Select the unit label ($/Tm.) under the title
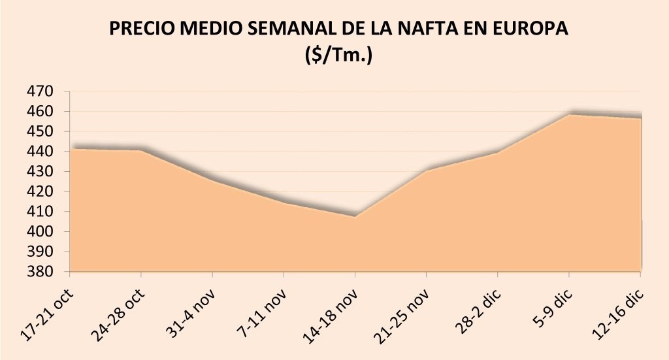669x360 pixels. pyautogui.click(x=338, y=56)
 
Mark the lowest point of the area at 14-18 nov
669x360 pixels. pyautogui.click(x=355, y=216)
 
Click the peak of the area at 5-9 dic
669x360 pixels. pyautogui.click(x=569, y=114)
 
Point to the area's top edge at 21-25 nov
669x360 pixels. pyautogui.click(x=426, y=171)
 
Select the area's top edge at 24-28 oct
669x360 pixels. pyautogui.click(x=141, y=150)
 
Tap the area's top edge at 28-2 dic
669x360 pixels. pyautogui.click(x=497, y=152)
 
